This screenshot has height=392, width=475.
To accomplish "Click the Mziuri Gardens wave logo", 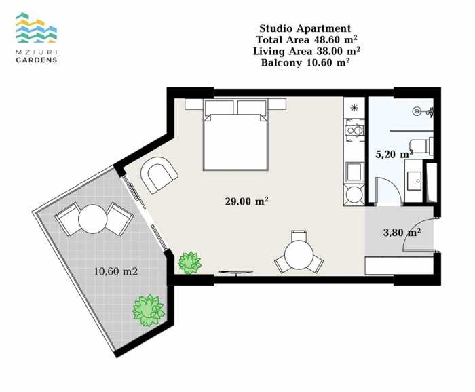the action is (x=37, y=28).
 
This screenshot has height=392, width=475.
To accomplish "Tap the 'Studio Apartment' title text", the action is (x=305, y=28).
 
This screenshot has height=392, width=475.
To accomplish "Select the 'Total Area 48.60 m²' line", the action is (x=306, y=39).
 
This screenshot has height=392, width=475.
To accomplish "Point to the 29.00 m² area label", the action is (x=246, y=201).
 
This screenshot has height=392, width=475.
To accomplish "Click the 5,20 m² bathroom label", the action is (x=394, y=154).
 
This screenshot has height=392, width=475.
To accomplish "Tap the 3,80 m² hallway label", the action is (x=402, y=232).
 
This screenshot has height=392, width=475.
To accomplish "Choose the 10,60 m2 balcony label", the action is (x=116, y=271).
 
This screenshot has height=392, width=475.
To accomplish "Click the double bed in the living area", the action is (x=235, y=134).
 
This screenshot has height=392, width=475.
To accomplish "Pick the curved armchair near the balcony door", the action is (x=159, y=174).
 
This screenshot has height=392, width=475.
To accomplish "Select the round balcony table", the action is (x=93, y=219).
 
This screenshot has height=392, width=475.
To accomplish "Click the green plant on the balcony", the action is (x=149, y=311).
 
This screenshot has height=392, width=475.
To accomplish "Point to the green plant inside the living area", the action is (x=189, y=262).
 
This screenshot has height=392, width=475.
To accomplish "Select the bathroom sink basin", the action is (x=414, y=181).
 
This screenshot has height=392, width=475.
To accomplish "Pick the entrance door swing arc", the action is (x=415, y=233).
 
